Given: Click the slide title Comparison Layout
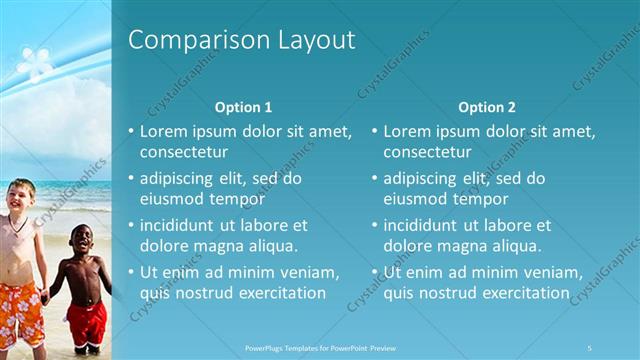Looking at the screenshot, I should pos(242,40).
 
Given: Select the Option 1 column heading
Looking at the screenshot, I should pos(243,106).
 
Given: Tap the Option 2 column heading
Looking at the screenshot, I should pos(487,106).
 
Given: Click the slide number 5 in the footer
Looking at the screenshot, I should pos(589,347).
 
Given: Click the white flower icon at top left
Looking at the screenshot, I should pos(35,63).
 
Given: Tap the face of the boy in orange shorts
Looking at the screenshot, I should pos(20,195).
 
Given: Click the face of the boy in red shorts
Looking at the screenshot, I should pos(79,240).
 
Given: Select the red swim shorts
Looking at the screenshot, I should pos(86,323).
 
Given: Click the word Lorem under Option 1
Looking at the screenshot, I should pos(163,131).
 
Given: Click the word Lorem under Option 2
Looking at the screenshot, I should pos(407,131).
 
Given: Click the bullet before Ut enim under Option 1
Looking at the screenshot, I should pos(131,272).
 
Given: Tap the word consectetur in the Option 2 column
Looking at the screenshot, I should pos(427,152).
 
